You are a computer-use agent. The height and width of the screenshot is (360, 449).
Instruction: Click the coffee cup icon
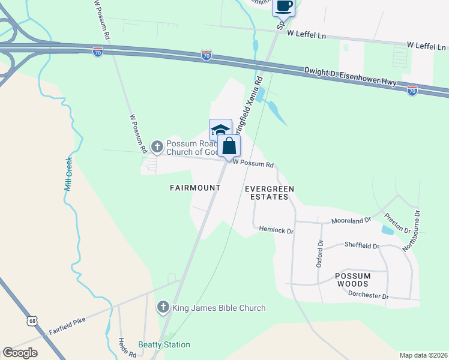284,7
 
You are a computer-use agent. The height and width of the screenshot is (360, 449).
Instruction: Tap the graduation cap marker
220,130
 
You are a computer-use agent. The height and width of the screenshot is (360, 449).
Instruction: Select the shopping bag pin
229,146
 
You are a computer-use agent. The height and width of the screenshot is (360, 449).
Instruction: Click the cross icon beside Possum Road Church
157,146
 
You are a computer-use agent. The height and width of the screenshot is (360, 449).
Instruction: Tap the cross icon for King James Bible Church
163,308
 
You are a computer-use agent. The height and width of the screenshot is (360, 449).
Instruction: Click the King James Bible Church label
219,308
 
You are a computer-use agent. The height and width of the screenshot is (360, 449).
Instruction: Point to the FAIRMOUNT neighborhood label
195,188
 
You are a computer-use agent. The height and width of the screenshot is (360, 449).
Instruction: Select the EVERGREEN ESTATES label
270,193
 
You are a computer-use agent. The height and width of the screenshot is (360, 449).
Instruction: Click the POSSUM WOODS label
353,280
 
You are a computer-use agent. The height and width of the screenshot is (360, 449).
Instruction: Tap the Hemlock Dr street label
276,229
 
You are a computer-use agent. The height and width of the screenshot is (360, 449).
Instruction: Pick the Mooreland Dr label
352,221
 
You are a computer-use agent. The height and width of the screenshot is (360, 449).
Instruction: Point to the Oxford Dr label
319,254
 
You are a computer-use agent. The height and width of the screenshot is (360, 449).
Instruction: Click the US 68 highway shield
32,322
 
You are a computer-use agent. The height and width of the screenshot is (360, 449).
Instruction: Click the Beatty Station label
164,344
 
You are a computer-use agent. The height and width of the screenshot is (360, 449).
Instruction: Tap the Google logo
20,353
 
